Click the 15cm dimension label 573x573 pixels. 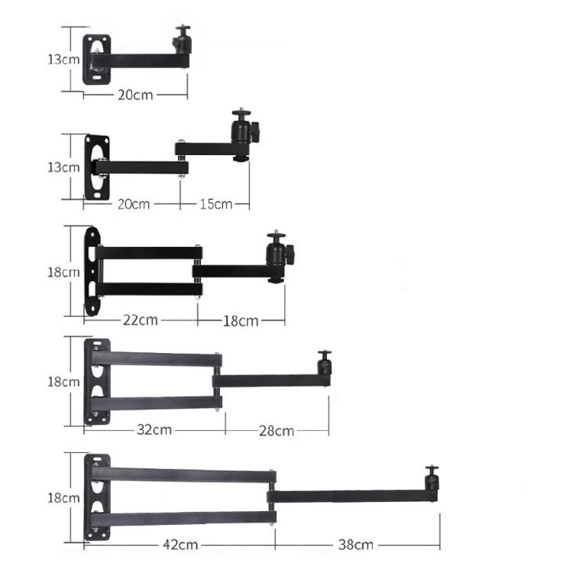[216, 204]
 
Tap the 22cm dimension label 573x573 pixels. [141, 319]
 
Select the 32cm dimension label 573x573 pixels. [155, 429]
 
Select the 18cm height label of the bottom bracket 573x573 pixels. [63, 497]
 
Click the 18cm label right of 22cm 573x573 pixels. [241, 320]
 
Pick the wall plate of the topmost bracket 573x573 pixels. [97, 60]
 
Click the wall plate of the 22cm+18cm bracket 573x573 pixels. [92, 270]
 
